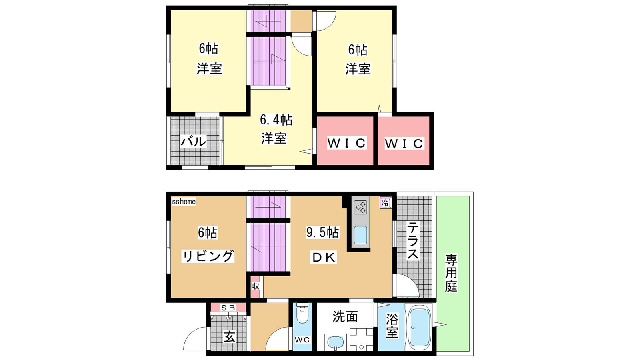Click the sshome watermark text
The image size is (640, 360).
[184, 202]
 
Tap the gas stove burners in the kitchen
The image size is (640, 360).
[360, 207]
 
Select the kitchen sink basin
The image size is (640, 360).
[360, 235]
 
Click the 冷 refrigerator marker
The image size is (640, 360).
[385, 203]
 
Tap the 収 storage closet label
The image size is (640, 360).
[256, 286]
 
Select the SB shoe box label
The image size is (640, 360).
[228, 308]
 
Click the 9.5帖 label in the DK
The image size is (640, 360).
[322, 232]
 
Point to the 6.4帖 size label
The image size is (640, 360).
[276, 120]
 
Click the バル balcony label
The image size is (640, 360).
[193, 142]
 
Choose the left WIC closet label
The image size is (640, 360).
[346, 143]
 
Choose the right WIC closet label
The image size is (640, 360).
[404, 144]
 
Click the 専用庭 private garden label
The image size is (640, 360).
[451, 273]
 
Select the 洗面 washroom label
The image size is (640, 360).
[345, 316]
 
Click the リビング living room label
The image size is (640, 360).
[208, 256]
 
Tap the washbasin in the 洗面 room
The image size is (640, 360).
[336, 342]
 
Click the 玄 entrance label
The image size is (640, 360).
[229, 337]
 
